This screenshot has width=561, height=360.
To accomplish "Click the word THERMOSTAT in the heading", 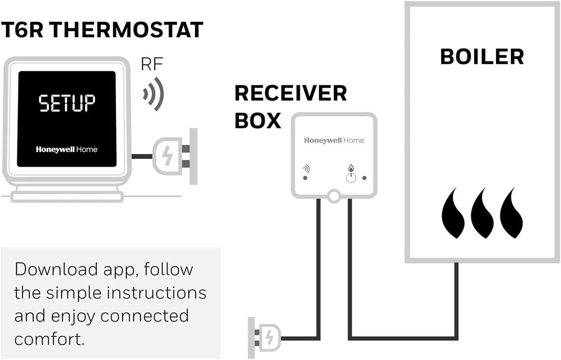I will tap(126, 30).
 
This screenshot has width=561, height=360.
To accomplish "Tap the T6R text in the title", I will tap(22, 30).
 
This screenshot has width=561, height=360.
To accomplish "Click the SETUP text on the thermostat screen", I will tap(67, 103).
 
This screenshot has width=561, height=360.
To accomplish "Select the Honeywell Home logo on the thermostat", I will tap(66, 149).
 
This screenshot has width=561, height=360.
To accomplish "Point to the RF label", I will tap(152, 64).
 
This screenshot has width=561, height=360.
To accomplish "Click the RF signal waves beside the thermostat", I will tap(154, 94).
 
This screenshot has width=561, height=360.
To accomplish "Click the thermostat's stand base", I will tap(67, 197).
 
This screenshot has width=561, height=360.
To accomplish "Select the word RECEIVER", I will tap(290, 94).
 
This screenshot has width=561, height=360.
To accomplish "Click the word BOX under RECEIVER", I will tap(258, 121).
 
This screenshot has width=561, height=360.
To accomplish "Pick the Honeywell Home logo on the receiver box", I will tap(334, 141).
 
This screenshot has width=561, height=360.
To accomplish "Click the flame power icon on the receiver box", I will tap(351, 174).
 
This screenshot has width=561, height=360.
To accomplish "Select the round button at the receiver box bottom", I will tap(334, 196).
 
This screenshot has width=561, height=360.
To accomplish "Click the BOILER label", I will tap(482, 57).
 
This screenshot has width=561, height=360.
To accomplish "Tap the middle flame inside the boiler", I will tap(482, 215).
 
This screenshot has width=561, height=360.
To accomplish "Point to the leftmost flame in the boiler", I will tap(453, 215).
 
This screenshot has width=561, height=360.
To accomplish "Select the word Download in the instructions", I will tap(56, 269).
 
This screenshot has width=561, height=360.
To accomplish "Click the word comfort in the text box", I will tap(49, 339).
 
